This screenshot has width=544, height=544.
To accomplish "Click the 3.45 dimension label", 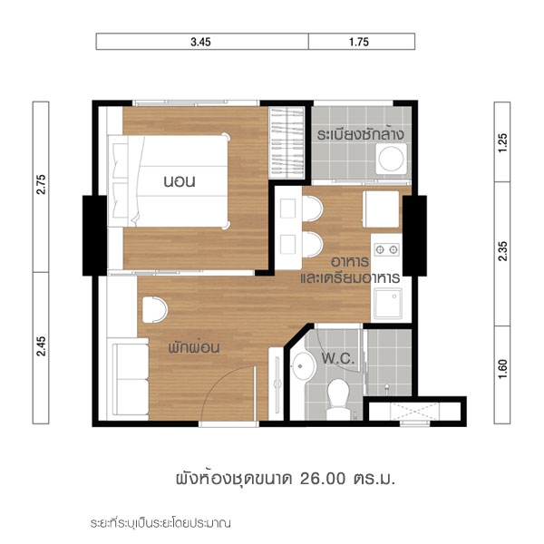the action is pos(200,42).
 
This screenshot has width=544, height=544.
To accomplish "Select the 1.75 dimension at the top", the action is pos(359,42).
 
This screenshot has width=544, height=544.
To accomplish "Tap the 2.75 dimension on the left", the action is pos(41,184).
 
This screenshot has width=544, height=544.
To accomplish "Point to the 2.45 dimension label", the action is pos(41,346).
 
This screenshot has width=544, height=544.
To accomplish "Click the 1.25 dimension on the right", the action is pos(502,142).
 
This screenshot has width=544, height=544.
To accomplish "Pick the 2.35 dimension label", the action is pos(502,251).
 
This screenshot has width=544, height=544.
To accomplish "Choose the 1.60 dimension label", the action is pos(502,369).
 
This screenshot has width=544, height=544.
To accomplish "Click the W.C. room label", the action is pos(338,358).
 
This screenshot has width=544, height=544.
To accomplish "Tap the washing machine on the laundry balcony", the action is pos(392,159).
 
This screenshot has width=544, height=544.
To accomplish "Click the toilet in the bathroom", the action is pos(337,398).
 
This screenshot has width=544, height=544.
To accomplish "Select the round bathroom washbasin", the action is pos(303,366).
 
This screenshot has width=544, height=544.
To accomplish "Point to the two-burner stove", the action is pos(386,249).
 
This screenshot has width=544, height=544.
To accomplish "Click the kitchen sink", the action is pos(388,303).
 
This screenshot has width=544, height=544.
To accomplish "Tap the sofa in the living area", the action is pos(129,379).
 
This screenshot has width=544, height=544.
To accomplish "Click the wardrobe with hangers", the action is pos(287,143).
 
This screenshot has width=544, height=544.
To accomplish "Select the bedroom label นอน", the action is pos(180,181).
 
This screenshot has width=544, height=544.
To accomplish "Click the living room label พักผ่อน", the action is pos(194,347).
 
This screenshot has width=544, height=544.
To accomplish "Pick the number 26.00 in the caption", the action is pos(323,479).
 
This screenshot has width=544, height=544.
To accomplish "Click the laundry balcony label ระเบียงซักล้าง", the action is pos(361,134).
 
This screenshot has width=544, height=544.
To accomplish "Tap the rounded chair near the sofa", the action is pos(155,310).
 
